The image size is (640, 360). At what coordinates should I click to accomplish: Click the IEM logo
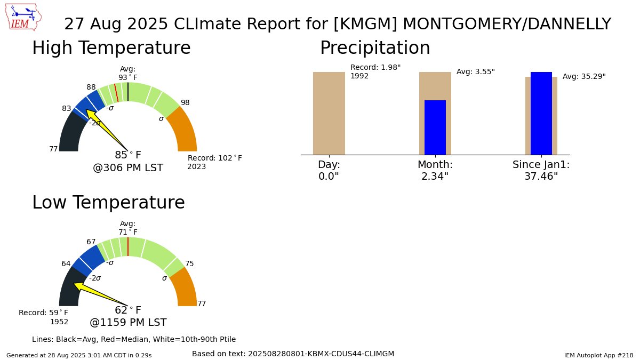coord(25,17)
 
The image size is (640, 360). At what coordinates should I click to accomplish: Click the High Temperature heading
coord(111,48)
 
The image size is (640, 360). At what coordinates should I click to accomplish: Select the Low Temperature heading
coord(108,203)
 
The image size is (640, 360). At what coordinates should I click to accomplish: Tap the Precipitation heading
coord(374,48)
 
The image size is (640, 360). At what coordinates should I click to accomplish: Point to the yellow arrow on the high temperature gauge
coord(105,129)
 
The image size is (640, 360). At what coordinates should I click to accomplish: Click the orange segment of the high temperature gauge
coord(183,131)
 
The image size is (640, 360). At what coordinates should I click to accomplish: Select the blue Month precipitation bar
coord(435,127)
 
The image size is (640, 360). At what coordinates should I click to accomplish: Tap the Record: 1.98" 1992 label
coord(375,71)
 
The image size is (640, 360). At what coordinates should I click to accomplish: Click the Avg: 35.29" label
coord(584,76)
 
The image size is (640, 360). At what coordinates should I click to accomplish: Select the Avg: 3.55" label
coord(475,71)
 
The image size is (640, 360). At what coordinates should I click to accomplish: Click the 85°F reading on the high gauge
coord(128,155)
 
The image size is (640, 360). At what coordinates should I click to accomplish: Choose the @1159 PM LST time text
coord(128,323)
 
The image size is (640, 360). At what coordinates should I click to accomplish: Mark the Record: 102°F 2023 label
coord(214,162)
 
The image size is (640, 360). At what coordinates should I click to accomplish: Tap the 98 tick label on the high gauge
coord(185,102)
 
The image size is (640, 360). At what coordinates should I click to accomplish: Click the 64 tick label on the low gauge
coord(66,263)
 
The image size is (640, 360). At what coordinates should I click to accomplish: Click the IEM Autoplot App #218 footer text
coord(598,355)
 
